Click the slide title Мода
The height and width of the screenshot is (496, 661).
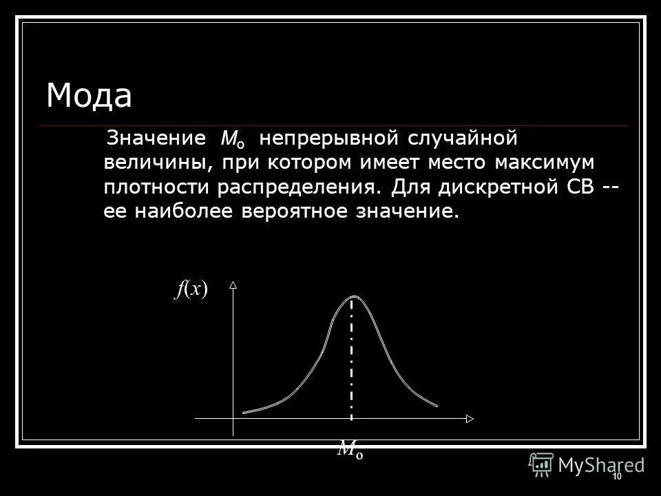(x=89, y=96)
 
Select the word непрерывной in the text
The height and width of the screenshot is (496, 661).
(x=322, y=138)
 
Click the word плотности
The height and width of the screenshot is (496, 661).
(x=158, y=187)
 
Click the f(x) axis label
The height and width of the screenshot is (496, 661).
(x=191, y=290)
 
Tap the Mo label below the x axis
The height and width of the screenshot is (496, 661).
(x=350, y=451)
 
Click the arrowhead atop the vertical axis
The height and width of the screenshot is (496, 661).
(x=233, y=284)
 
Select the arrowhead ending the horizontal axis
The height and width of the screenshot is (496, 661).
(x=469, y=418)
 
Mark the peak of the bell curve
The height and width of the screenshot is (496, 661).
(x=353, y=296)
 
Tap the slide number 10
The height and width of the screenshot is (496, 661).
(x=616, y=477)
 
